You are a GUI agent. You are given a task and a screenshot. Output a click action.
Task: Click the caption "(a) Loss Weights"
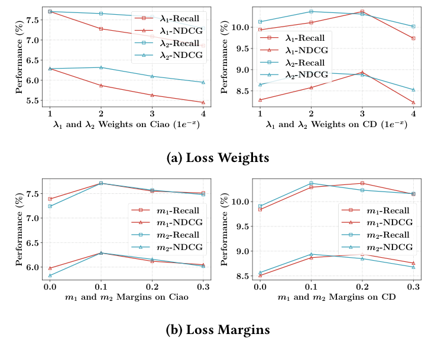[219, 158]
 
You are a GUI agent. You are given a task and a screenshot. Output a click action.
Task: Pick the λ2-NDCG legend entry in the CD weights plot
[301, 74]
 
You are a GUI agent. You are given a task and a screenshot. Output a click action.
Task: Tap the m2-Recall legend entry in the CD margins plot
[383, 235]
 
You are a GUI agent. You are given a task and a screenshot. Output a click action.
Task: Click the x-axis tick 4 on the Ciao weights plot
[203, 113]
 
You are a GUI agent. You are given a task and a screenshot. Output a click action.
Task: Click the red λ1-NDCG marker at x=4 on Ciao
[203, 102]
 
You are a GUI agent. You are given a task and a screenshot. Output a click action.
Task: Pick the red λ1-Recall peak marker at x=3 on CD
[362, 11]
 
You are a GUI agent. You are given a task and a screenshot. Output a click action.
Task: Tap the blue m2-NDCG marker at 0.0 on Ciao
[50, 275]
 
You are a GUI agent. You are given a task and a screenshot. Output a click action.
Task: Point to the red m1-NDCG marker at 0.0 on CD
[260, 275]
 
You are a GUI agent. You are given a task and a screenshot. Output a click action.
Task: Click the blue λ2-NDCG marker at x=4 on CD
[413, 90]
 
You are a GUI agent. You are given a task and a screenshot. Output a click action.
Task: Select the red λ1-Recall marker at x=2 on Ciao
[101, 29]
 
